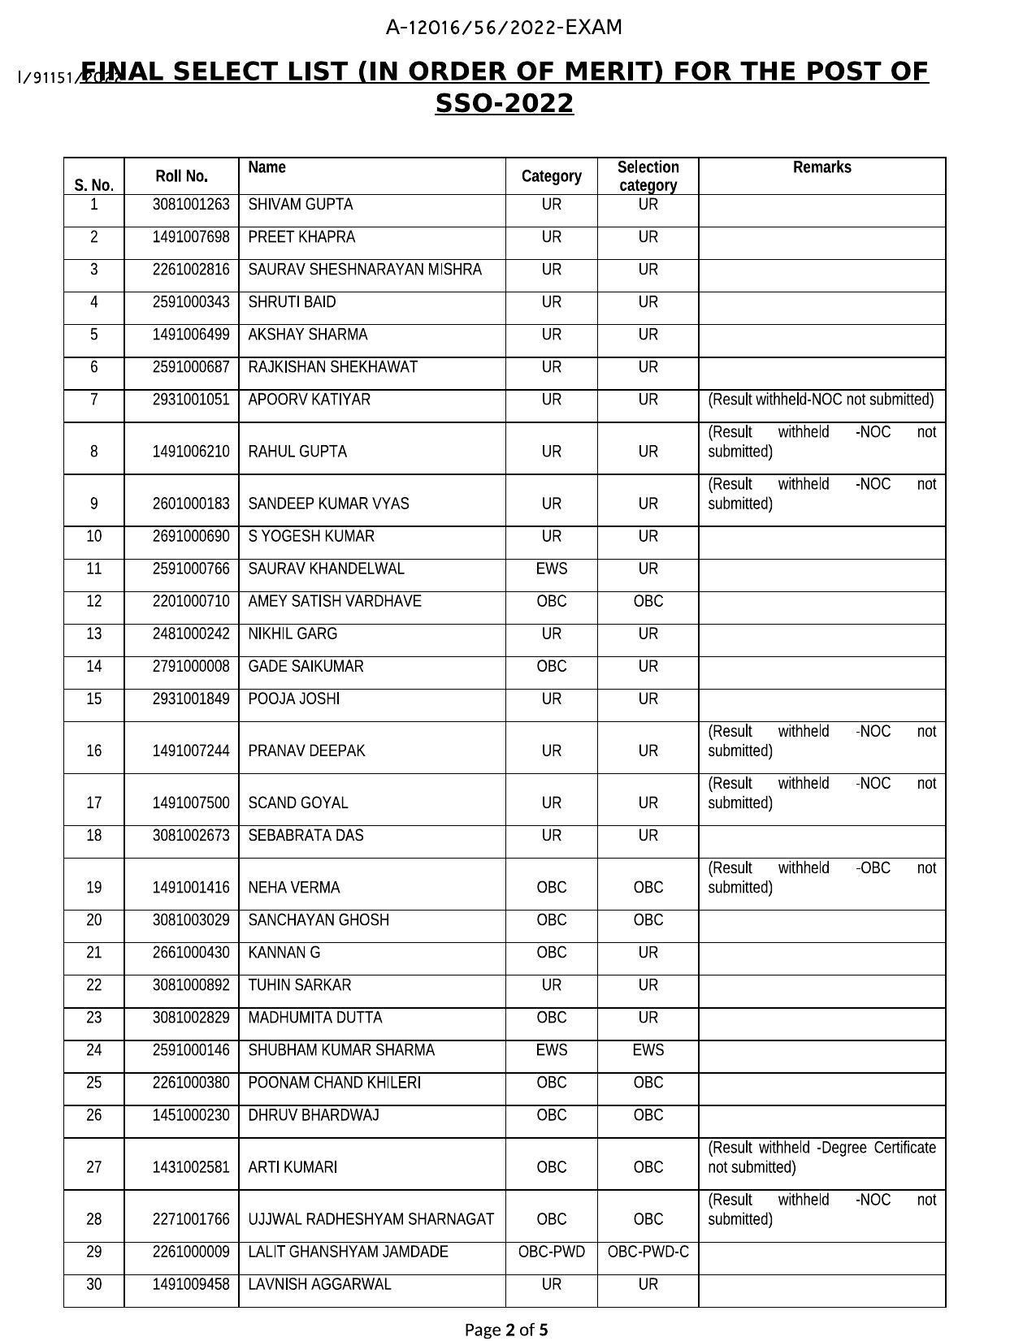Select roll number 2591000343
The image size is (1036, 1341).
tap(191, 302)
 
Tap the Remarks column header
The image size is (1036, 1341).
tap(821, 167)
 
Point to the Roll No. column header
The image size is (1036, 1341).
tap(181, 176)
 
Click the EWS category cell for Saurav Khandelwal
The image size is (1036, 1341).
tap(551, 569)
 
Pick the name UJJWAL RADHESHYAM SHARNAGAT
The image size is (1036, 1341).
tap(371, 1219)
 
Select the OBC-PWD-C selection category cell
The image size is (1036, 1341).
tap(648, 1252)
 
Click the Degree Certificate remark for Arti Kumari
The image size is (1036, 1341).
tap(821, 1157)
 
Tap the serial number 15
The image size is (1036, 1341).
tap(94, 699)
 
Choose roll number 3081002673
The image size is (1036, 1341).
tap(191, 836)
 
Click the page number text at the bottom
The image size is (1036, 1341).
tap(505, 1330)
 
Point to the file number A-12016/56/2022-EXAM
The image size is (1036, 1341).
tap(504, 28)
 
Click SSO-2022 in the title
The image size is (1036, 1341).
tap(504, 104)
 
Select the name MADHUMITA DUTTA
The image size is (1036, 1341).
tap(314, 1018)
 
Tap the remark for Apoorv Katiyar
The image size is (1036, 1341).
tap(821, 400)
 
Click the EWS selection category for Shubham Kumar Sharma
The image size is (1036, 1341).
tap(648, 1050)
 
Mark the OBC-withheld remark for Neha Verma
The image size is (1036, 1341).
tap(821, 878)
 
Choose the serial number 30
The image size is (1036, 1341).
tap(94, 1284)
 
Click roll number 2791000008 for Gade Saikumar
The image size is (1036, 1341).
tap(191, 667)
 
